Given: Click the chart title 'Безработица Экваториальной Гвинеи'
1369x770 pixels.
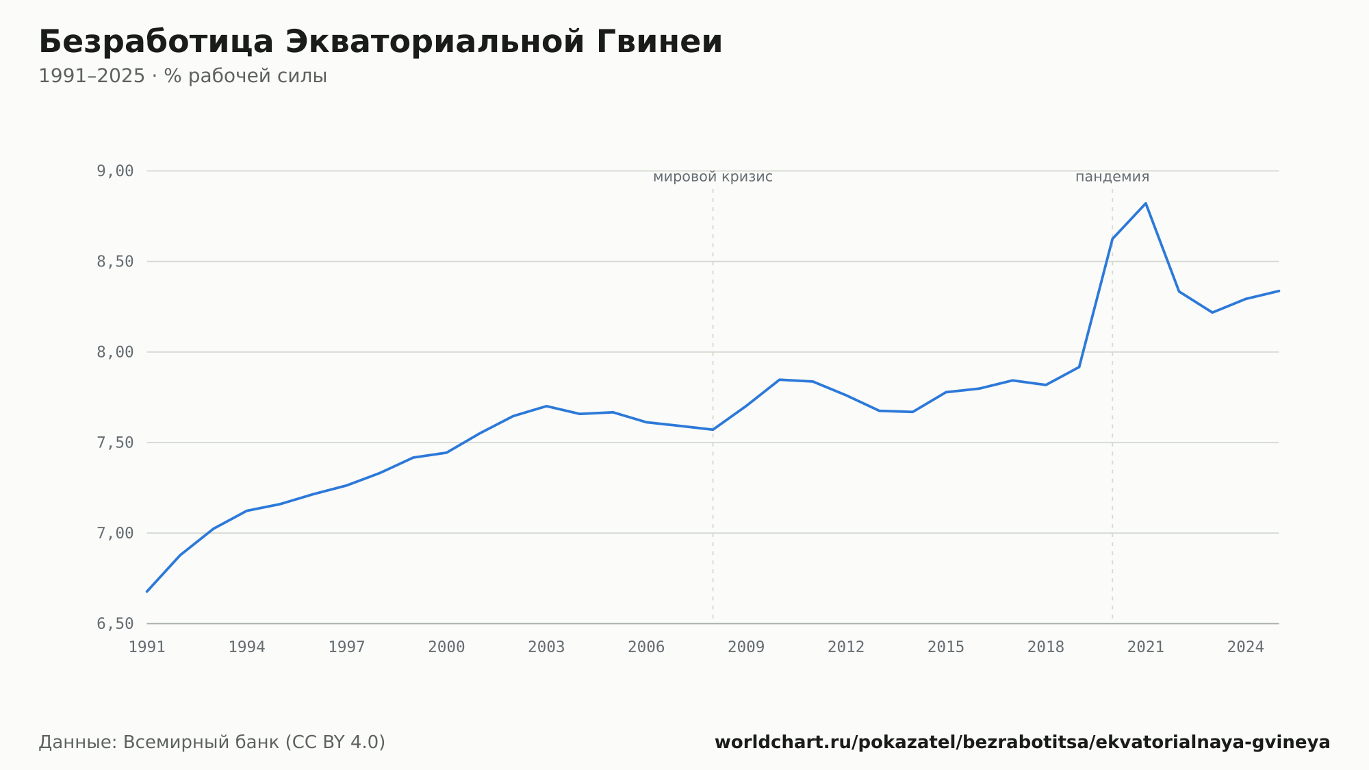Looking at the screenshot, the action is tap(381, 42).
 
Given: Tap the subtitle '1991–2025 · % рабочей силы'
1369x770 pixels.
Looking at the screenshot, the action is tap(183, 76).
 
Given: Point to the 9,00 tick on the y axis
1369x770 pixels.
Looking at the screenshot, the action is tap(115, 171).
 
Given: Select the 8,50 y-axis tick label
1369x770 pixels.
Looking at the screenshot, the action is tap(115, 262).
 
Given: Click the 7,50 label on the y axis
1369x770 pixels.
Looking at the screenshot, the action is tap(115, 443).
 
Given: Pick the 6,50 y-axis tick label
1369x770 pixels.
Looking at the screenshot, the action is tap(115, 623).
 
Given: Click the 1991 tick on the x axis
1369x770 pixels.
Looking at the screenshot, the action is tap(147, 647).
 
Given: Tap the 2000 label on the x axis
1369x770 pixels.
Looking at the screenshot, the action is tap(446, 647).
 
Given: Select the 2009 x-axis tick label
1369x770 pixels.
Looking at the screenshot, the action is tap(746, 647).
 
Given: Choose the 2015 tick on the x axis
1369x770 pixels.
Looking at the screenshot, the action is tap(946, 647).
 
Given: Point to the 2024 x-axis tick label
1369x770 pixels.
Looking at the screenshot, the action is tap(1246, 647).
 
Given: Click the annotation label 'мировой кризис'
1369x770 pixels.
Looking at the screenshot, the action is tap(713, 177).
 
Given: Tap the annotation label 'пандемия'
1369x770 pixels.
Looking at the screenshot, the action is tap(1112, 177).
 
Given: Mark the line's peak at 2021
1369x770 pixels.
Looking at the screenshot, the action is tap(1145, 203).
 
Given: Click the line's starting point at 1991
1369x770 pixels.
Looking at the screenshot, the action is tap(147, 591).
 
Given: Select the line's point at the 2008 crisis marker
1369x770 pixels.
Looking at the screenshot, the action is tap(713, 430).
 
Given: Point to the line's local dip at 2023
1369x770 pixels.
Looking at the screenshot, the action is tap(1212, 312).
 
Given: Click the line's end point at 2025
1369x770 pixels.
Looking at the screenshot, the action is tap(1279, 290).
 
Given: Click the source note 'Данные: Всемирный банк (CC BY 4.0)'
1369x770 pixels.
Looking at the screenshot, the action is tap(212, 743).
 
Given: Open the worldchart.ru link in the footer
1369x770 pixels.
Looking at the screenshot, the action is tap(1023, 743).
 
